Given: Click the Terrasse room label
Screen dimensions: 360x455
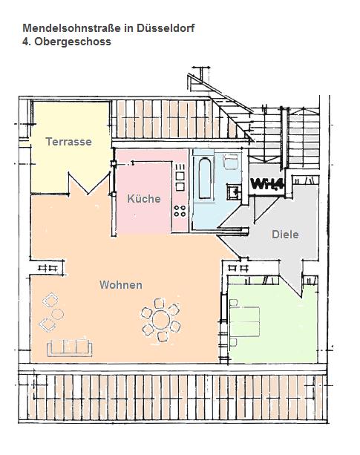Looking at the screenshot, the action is pos(69,142).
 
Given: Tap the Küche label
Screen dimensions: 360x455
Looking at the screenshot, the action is pos(144,199).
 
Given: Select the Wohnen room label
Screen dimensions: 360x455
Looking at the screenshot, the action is pos(121,285).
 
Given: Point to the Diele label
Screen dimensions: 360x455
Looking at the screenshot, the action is pos(285,235).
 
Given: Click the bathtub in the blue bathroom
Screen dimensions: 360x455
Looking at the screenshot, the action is pos(205,178).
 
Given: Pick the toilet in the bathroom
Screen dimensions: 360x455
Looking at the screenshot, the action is pos(231,161).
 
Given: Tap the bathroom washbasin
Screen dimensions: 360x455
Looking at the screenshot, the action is pos(234,192).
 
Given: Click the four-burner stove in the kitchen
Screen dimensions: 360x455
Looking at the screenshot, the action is pos(180,211).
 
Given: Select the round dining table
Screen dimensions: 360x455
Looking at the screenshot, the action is pos(161,320).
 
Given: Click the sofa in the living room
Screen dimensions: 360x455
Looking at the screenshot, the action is pos(70,347).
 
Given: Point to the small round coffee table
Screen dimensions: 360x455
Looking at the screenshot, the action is pos(57,314).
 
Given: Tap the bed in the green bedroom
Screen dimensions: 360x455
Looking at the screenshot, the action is pos(244,322).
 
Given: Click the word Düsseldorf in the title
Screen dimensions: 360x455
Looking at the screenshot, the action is pos(166,28).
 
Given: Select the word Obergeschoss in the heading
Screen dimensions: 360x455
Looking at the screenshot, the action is pos(73,42).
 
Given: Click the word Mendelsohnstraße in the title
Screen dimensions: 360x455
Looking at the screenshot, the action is pos(72,28).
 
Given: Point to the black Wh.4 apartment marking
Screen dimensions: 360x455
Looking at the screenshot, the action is pos(266,183).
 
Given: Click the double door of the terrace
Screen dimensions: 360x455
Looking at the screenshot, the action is pos(89,183).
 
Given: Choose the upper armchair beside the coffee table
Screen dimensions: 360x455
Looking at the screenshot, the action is pos(50,300).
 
